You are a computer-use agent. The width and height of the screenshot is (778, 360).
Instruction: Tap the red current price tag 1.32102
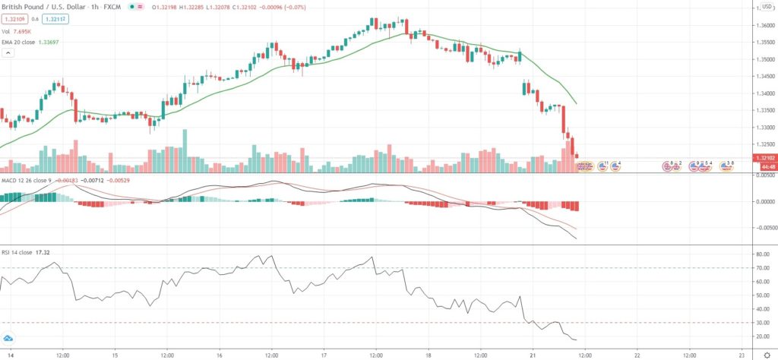coord(764,158)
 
